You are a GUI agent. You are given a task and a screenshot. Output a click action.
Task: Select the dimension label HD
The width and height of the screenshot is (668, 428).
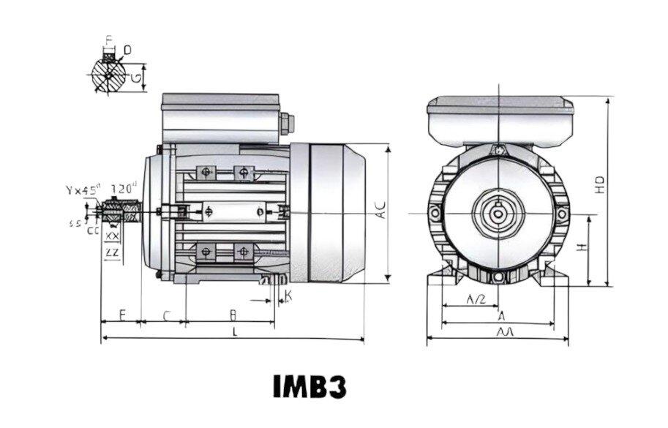pyautogui.click(x=599, y=184)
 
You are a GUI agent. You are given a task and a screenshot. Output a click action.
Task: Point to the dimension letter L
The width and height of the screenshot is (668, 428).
pyautogui.click(x=234, y=331)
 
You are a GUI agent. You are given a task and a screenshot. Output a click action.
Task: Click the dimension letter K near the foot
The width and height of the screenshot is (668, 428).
pyautogui.click(x=288, y=297)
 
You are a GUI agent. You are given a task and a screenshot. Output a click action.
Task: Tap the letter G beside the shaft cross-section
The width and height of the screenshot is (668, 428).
pyautogui.click(x=136, y=75)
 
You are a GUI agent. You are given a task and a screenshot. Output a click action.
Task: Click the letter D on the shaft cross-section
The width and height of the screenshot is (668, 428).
pyautogui.click(x=127, y=50)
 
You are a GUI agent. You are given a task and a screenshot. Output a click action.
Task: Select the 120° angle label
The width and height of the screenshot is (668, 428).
pyautogui.click(x=125, y=189)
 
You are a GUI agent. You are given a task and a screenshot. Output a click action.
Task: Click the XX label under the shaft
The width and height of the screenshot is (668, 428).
pyautogui.click(x=113, y=237)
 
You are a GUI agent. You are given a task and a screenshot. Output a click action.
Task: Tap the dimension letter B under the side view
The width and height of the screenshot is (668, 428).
pyautogui.click(x=233, y=315)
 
